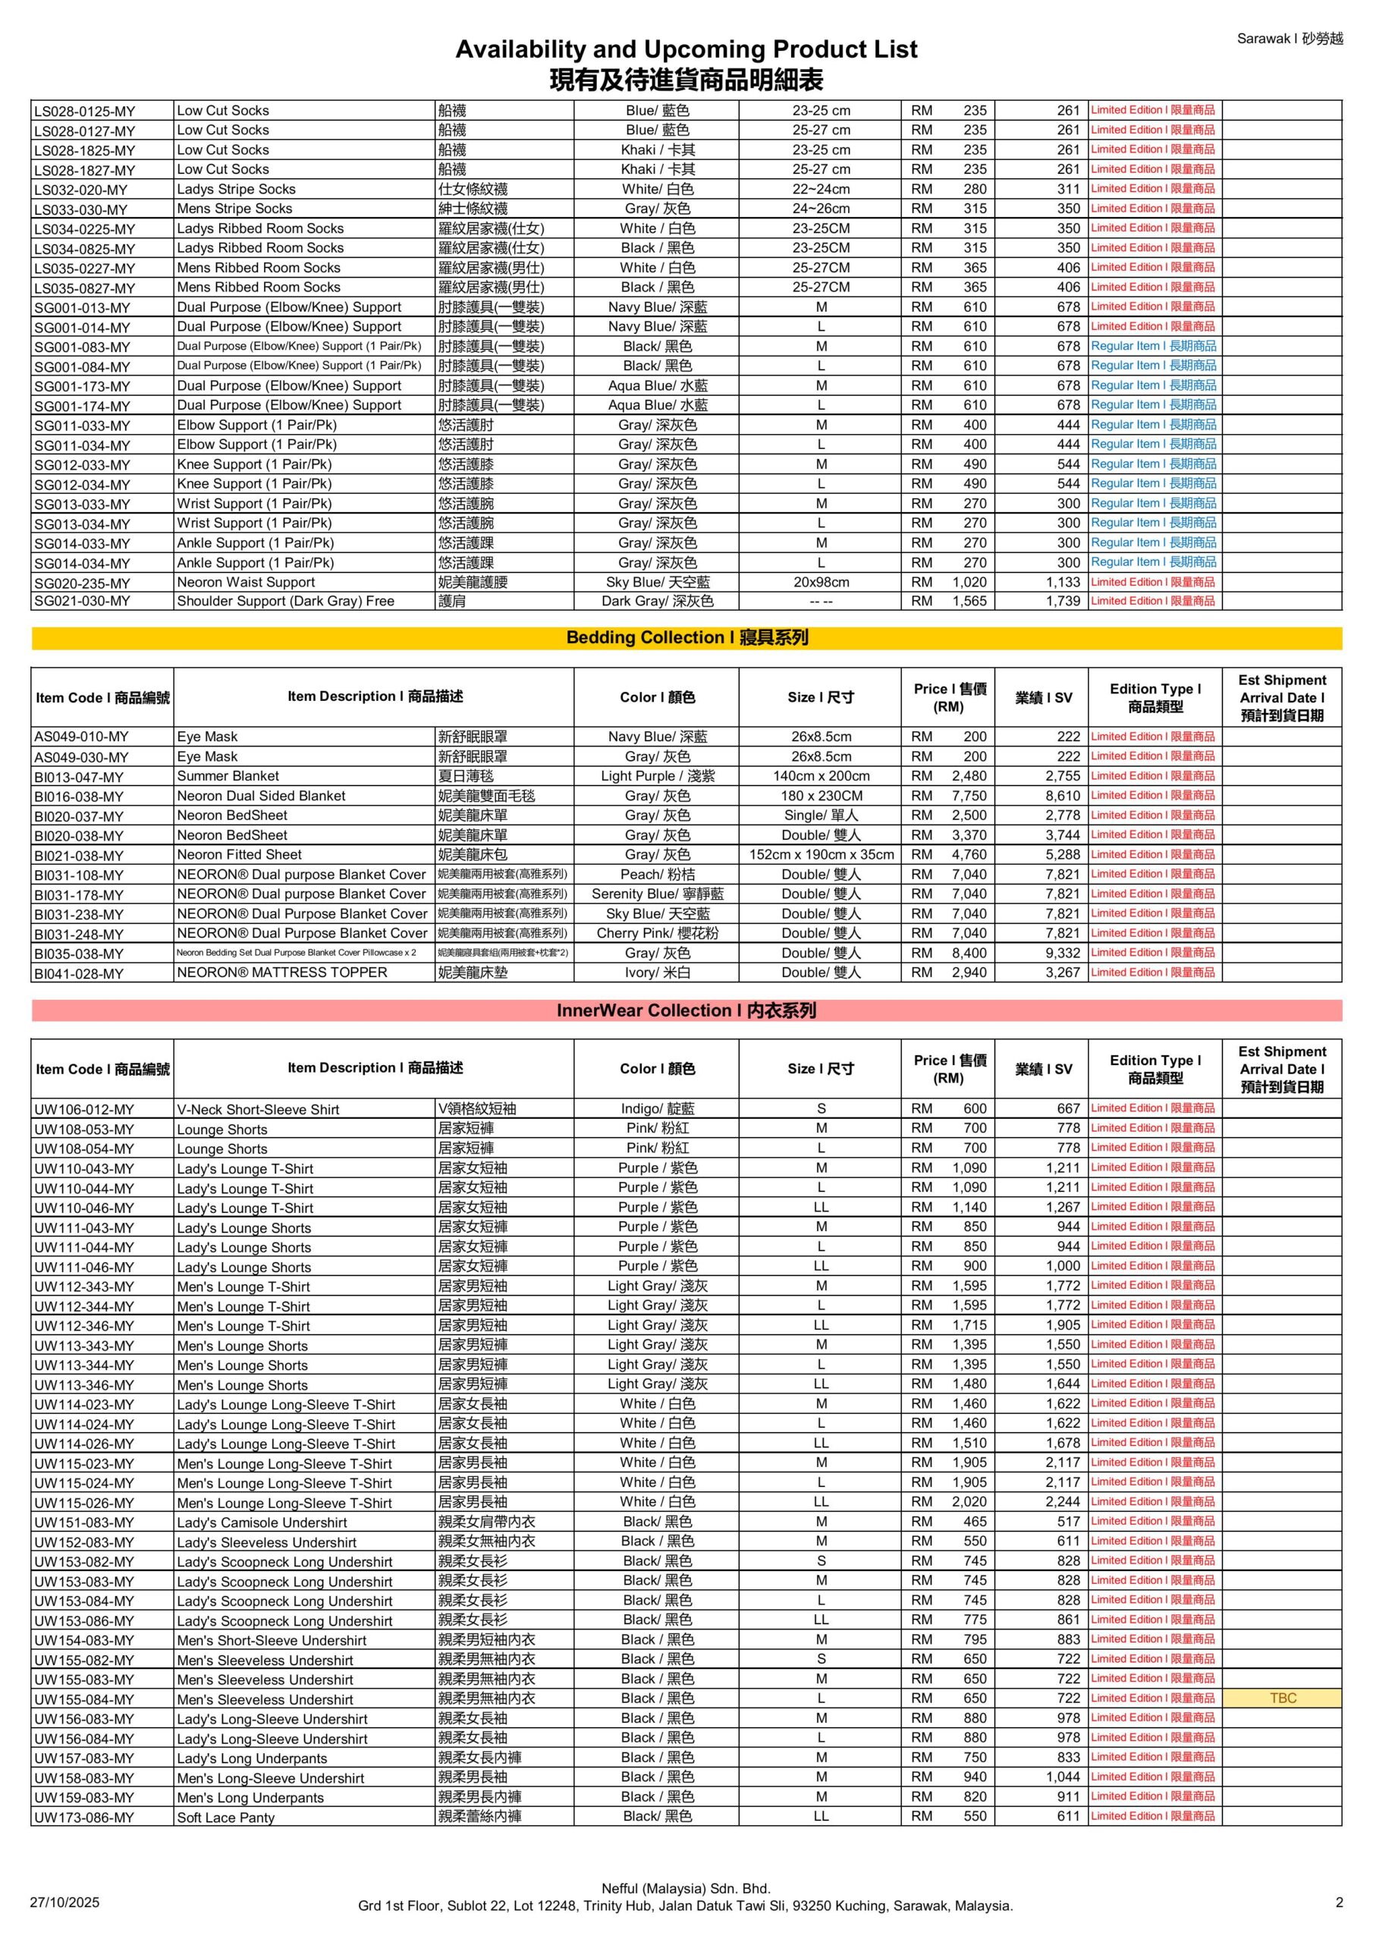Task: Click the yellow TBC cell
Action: (1282, 1698)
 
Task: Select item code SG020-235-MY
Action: (82, 583)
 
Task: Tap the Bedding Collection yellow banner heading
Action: (686, 638)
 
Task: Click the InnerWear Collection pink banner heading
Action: (686, 1010)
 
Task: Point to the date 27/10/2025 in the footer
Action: (64, 1903)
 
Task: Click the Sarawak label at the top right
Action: (1288, 39)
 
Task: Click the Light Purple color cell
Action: (658, 775)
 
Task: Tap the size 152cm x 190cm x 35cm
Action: (821, 854)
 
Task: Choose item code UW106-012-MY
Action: (83, 1109)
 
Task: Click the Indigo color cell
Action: (658, 1108)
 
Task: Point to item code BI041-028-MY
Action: (79, 973)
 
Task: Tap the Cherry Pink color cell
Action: (658, 933)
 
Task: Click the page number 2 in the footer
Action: (1339, 1903)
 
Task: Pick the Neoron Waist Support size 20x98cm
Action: (821, 582)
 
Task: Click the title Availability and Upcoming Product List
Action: (686, 49)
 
